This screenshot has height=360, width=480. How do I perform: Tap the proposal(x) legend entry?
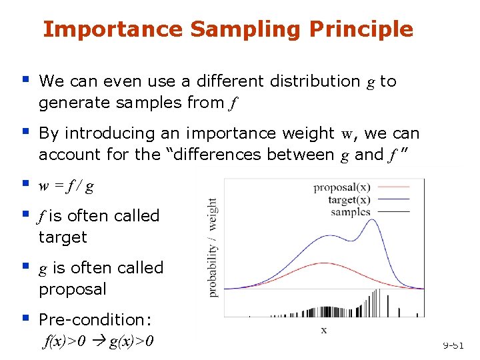click(341, 188)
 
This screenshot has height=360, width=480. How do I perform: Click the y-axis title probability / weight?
click(213, 247)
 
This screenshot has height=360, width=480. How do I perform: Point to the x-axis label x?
click(324, 330)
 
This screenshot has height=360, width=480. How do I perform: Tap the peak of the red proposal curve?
click(319, 263)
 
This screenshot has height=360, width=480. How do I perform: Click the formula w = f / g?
click(66, 186)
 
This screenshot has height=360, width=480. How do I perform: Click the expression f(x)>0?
click(63, 341)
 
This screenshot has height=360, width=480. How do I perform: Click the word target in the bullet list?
click(63, 237)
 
